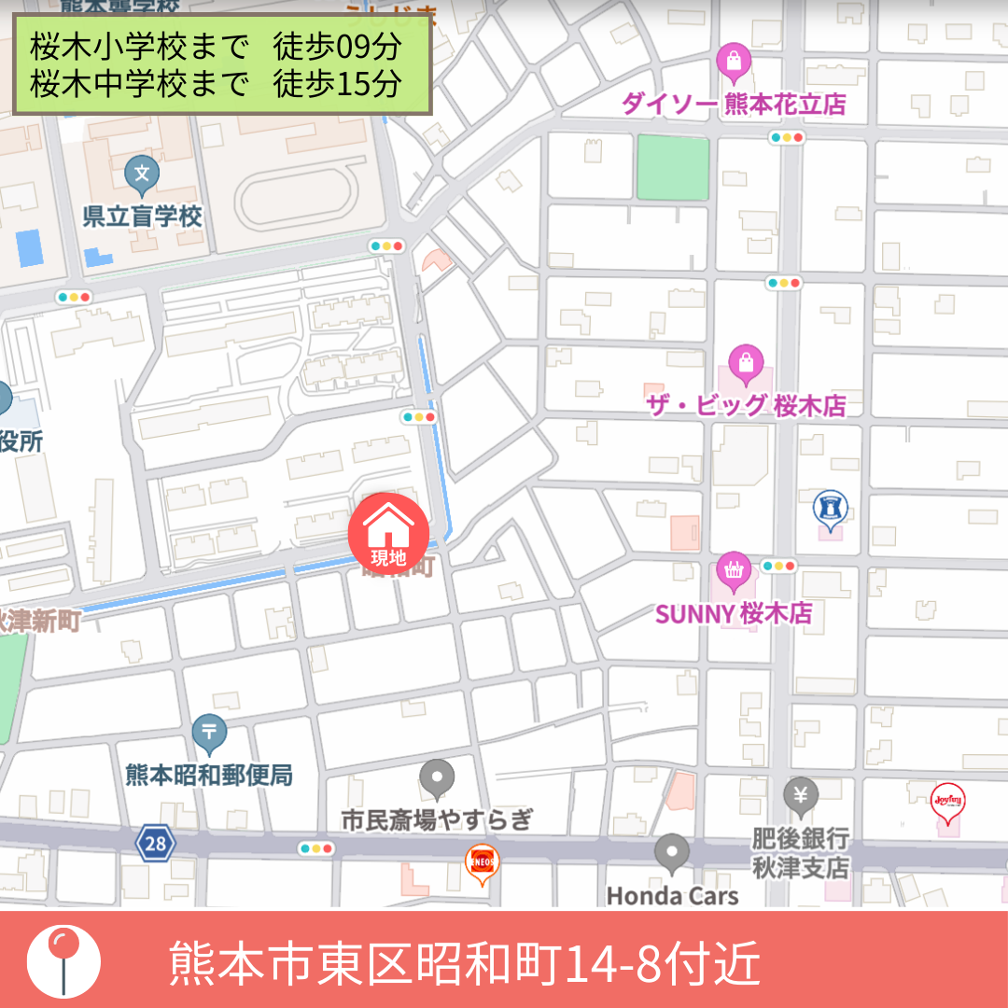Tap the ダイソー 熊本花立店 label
click(x=734, y=105)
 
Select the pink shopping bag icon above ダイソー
click(x=734, y=62)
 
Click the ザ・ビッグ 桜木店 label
click(x=746, y=406)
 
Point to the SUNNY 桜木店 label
click(x=734, y=614)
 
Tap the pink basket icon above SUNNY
click(x=734, y=569)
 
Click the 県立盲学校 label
click(x=142, y=217)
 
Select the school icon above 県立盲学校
click(x=142, y=173)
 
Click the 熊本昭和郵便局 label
click(x=209, y=775)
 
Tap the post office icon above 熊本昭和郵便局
click(x=209, y=733)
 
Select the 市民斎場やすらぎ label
click(x=437, y=820)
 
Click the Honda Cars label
click(x=672, y=896)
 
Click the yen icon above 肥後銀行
click(x=801, y=796)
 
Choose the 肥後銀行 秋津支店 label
click(x=801, y=853)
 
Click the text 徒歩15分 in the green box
click(x=337, y=84)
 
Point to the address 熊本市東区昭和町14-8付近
click(x=465, y=963)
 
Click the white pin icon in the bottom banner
click(x=63, y=959)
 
